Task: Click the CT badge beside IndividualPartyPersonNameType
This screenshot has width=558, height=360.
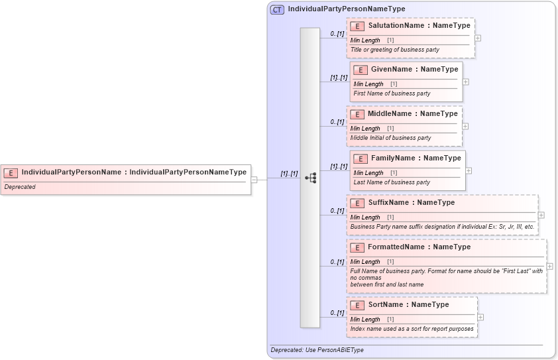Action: coord(277,9)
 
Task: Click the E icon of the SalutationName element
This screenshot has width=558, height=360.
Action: coord(357,26)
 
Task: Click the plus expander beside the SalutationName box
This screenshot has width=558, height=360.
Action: coord(478,38)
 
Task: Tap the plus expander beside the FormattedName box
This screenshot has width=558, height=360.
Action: coord(549,266)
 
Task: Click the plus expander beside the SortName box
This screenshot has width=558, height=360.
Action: coord(480,317)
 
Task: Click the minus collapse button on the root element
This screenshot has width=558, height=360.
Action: coord(254,179)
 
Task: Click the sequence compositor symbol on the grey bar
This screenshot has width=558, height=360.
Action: coord(310,178)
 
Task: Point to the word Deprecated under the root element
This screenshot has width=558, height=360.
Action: coord(20,187)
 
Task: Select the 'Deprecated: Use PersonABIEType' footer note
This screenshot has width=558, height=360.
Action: coord(317,350)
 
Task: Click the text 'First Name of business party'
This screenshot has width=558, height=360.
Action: coord(392,93)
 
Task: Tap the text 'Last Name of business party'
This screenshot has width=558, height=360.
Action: coord(392,182)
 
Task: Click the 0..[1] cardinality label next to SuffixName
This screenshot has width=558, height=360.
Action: coord(337,211)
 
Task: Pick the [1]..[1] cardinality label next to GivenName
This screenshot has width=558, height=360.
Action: coord(339,78)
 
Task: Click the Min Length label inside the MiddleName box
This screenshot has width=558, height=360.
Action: coord(365,129)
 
